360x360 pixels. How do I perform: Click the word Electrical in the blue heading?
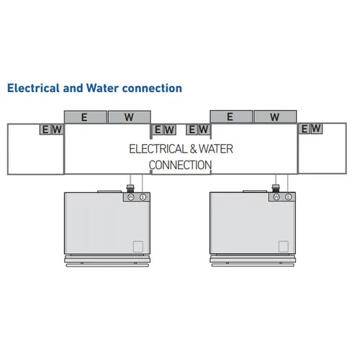(33, 88)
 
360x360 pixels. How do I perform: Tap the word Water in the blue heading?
(102, 88)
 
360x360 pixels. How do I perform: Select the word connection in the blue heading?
(152, 89)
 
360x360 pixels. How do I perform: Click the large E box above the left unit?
(86, 117)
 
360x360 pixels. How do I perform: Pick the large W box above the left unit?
(130, 117)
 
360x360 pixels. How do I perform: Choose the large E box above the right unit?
(231, 117)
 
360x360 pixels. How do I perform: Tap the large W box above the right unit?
(275, 117)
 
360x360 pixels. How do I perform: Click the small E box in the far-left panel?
(45, 130)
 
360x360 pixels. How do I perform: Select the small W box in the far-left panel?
(58, 130)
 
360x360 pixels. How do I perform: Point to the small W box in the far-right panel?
(317, 129)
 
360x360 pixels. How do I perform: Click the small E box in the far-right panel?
(305, 129)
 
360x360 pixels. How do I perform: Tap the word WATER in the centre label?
(216, 149)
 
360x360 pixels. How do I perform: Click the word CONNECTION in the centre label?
(180, 165)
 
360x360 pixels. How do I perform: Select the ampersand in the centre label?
(193, 149)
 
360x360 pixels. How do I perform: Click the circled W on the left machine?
(131, 197)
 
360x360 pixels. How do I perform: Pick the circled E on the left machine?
(143, 197)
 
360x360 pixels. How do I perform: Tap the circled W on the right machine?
(276, 197)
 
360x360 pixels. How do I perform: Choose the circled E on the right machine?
(288, 197)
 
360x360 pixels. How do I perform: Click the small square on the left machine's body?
(138, 246)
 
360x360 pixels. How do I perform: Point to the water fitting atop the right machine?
(276, 188)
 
